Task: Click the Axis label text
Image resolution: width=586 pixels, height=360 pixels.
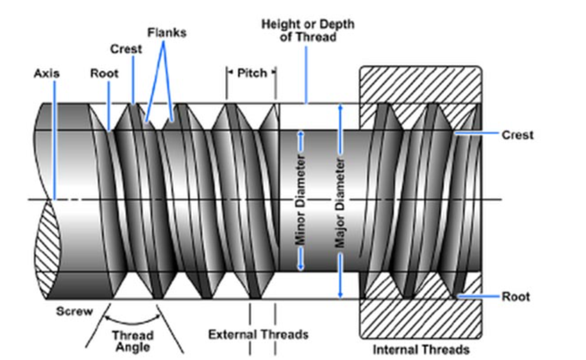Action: [x=46, y=74]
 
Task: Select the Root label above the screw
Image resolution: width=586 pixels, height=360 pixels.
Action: [x=104, y=74]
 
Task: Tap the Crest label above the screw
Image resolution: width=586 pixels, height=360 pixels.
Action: [x=126, y=49]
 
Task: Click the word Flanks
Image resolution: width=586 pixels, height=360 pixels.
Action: [x=167, y=32]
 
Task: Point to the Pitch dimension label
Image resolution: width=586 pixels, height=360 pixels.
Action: [x=251, y=73]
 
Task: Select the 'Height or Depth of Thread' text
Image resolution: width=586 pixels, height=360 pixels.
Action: [x=307, y=30]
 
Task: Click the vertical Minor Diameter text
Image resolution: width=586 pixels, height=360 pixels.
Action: [x=301, y=200]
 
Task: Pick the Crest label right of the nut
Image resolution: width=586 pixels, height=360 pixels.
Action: [x=518, y=135]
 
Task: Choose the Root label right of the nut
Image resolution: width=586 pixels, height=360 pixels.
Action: [x=516, y=297]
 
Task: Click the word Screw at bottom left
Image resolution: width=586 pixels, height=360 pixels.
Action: [x=74, y=311]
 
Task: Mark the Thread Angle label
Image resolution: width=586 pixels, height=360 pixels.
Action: [x=133, y=341]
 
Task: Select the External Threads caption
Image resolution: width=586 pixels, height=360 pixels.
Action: [x=258, y=334]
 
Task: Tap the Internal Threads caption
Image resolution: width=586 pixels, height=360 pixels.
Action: [x=421, y=349]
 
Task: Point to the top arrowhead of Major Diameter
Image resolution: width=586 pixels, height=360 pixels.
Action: [x=341, y=108]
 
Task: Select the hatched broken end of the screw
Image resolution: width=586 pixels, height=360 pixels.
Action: [x=45, y=250]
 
